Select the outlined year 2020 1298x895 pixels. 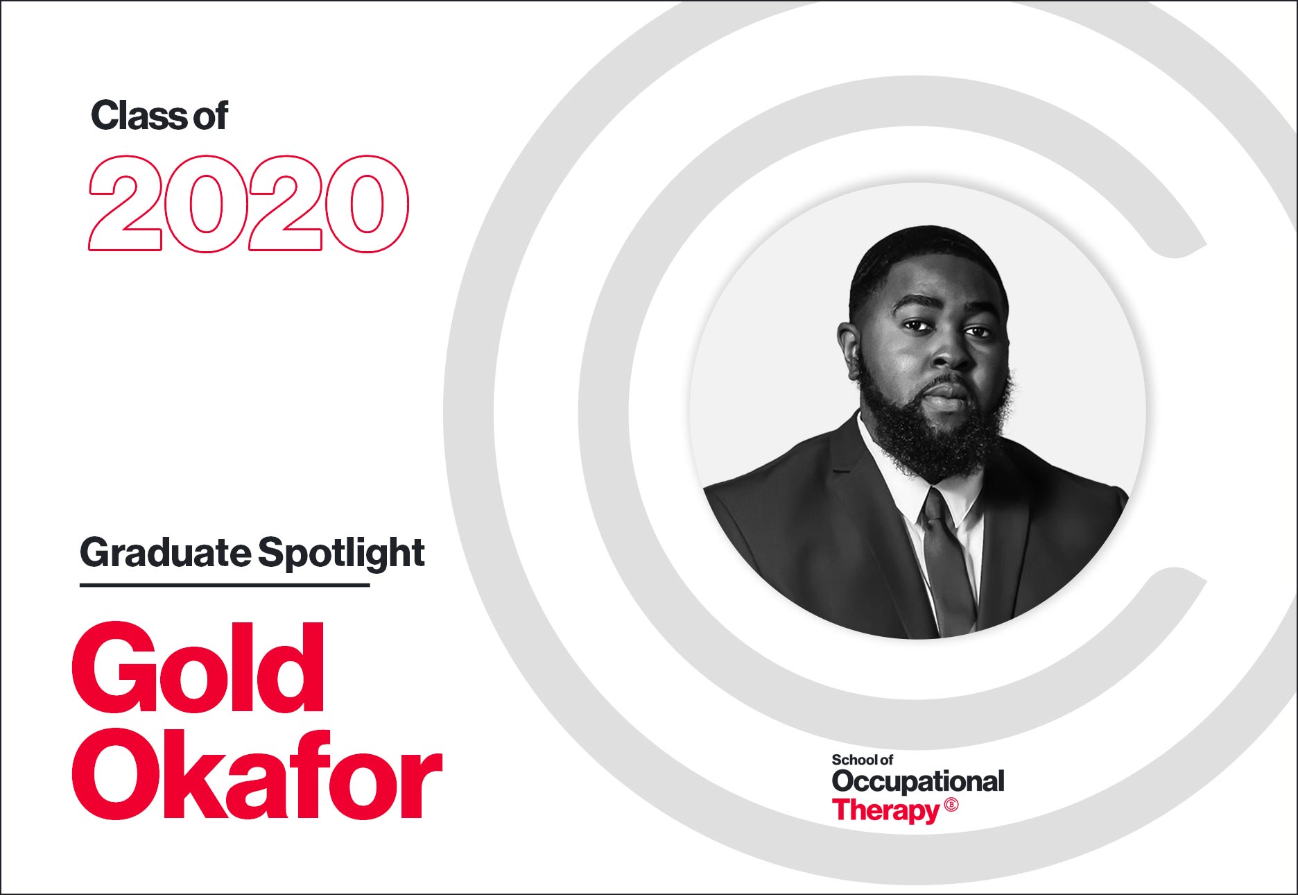(249, 203)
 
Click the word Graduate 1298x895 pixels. (166, 553)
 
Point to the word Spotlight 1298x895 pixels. (341, 553)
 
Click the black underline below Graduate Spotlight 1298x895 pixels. (225, 585)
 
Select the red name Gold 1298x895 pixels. (198, 668)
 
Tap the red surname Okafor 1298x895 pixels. (257, 774)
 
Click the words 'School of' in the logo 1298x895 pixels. (863, 760)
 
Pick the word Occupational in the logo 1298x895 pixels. (918, 781)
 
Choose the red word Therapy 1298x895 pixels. (886, 810)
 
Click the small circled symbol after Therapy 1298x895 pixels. (951, 805)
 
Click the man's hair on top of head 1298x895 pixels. (926, 253)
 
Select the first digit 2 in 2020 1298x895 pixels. (125, 203)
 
